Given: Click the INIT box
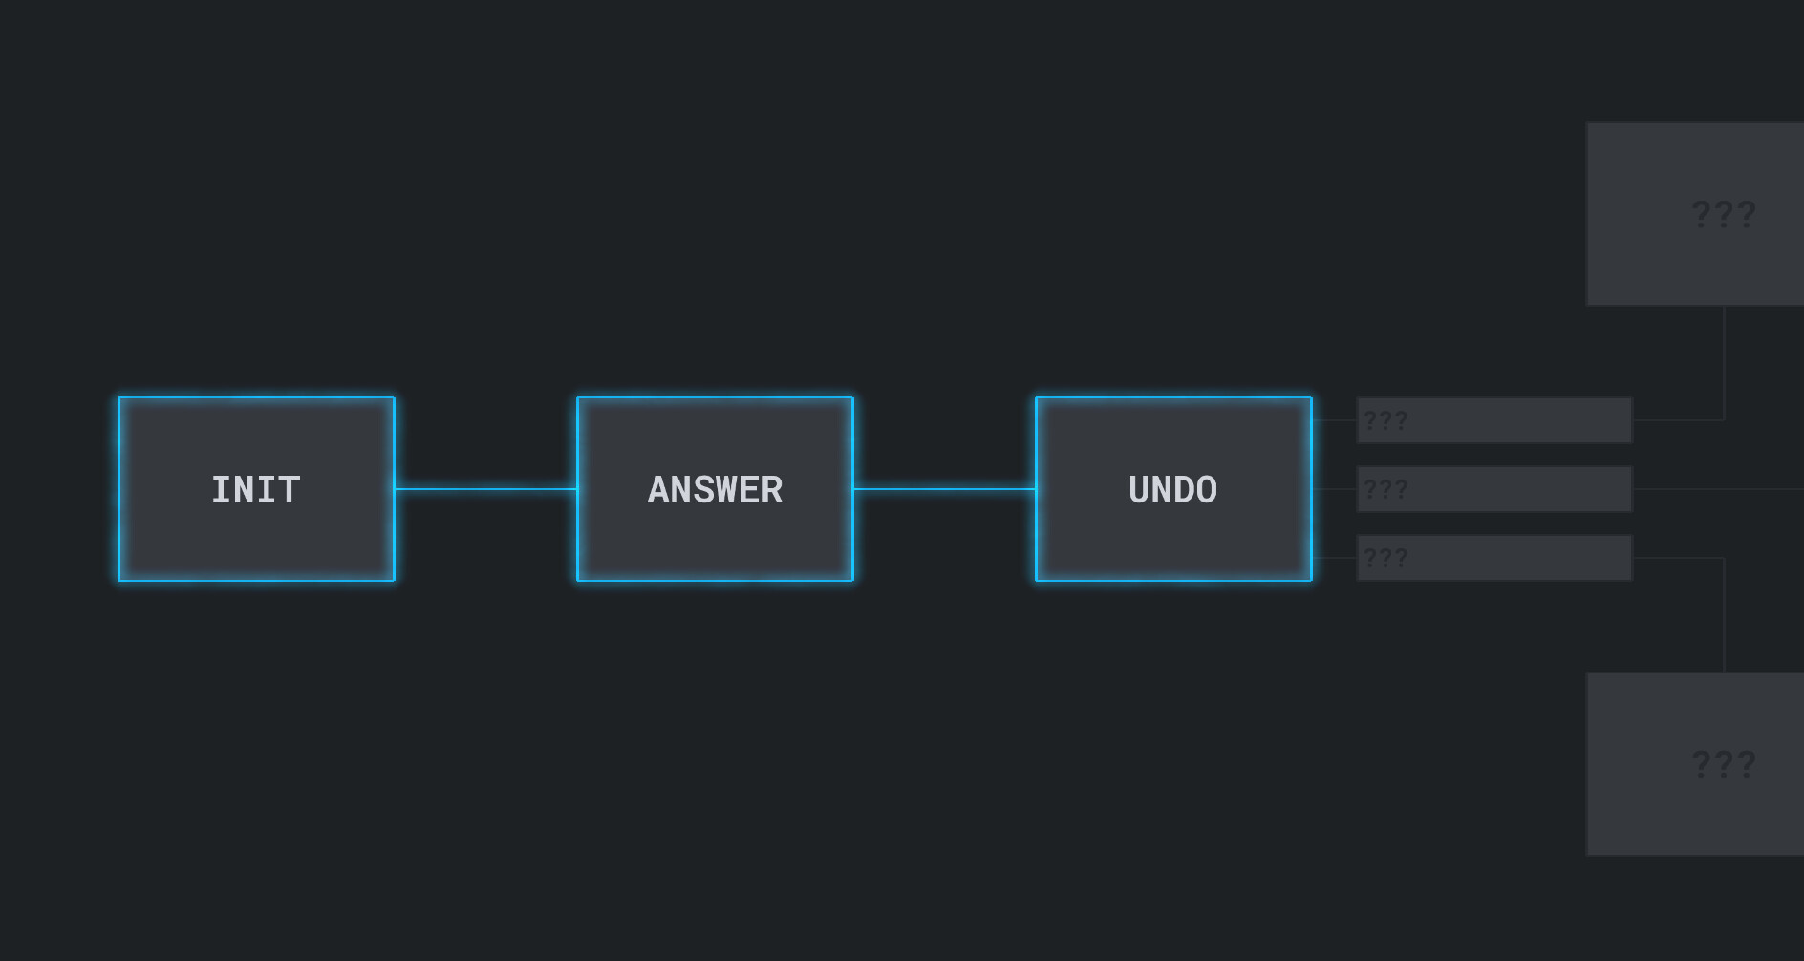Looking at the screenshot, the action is click(256, 489).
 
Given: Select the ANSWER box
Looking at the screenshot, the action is click(715, 489).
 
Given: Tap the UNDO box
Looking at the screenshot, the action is click(1173, 489).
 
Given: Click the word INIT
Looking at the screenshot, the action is click(256, 490).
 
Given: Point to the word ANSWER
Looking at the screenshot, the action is click(715, 490).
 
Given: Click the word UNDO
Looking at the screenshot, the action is click(1173, 490).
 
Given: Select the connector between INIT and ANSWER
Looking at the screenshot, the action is click(485, 489).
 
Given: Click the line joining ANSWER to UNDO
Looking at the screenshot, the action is click(944, 489).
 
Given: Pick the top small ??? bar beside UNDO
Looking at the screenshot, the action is click(1494, 420).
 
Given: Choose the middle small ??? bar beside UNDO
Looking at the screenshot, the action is click(1494, 489).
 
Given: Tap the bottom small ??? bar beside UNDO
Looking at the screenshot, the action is click(1494, 558).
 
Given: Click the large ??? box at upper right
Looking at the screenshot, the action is click(1695, 214).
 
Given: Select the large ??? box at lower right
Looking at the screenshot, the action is click(1695, 764).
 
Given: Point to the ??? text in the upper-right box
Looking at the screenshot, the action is click(1724, 214).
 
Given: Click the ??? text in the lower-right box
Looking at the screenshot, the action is click(1724, 764).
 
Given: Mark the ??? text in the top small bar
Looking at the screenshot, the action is click(1385, 420).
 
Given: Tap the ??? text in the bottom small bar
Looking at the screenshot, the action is click(1385, 558).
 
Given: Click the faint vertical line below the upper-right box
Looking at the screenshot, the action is click(1724, 363).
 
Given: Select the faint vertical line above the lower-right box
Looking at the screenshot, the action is click(1724, 615).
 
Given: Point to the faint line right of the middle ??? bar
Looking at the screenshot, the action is click(1718, 489).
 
